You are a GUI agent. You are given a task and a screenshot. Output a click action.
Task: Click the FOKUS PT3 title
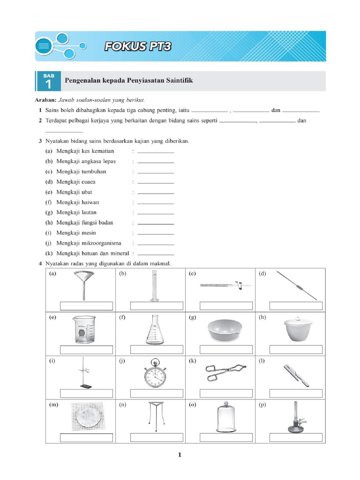(x=137, y=46)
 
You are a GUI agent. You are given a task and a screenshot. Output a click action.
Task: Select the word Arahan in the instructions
(x=45, y=100)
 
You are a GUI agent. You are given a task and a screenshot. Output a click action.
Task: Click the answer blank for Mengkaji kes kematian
(x=156, y=151)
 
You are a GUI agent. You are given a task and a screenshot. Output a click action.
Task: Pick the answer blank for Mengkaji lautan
(x=156, y=213)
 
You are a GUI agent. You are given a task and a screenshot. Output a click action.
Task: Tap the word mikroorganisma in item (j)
(x=104, y=243)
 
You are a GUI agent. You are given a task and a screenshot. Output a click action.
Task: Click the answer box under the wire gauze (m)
(x=87, y=437)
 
